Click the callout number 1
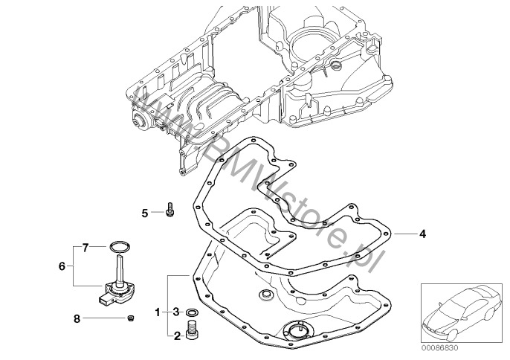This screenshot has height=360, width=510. (x=157, y=311)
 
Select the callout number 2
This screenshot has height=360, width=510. (x=177, y=336)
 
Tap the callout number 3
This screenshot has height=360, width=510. (x=177, y=311)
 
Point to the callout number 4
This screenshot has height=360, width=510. (x=422, y=234)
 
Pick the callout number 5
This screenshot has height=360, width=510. (x=146, y=213)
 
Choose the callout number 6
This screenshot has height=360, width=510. (x=63, y=263)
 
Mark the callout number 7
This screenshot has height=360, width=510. (x=85, y=245)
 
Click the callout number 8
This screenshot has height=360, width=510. (x=77, y=318)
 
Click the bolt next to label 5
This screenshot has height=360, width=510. (x=171, y=210)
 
